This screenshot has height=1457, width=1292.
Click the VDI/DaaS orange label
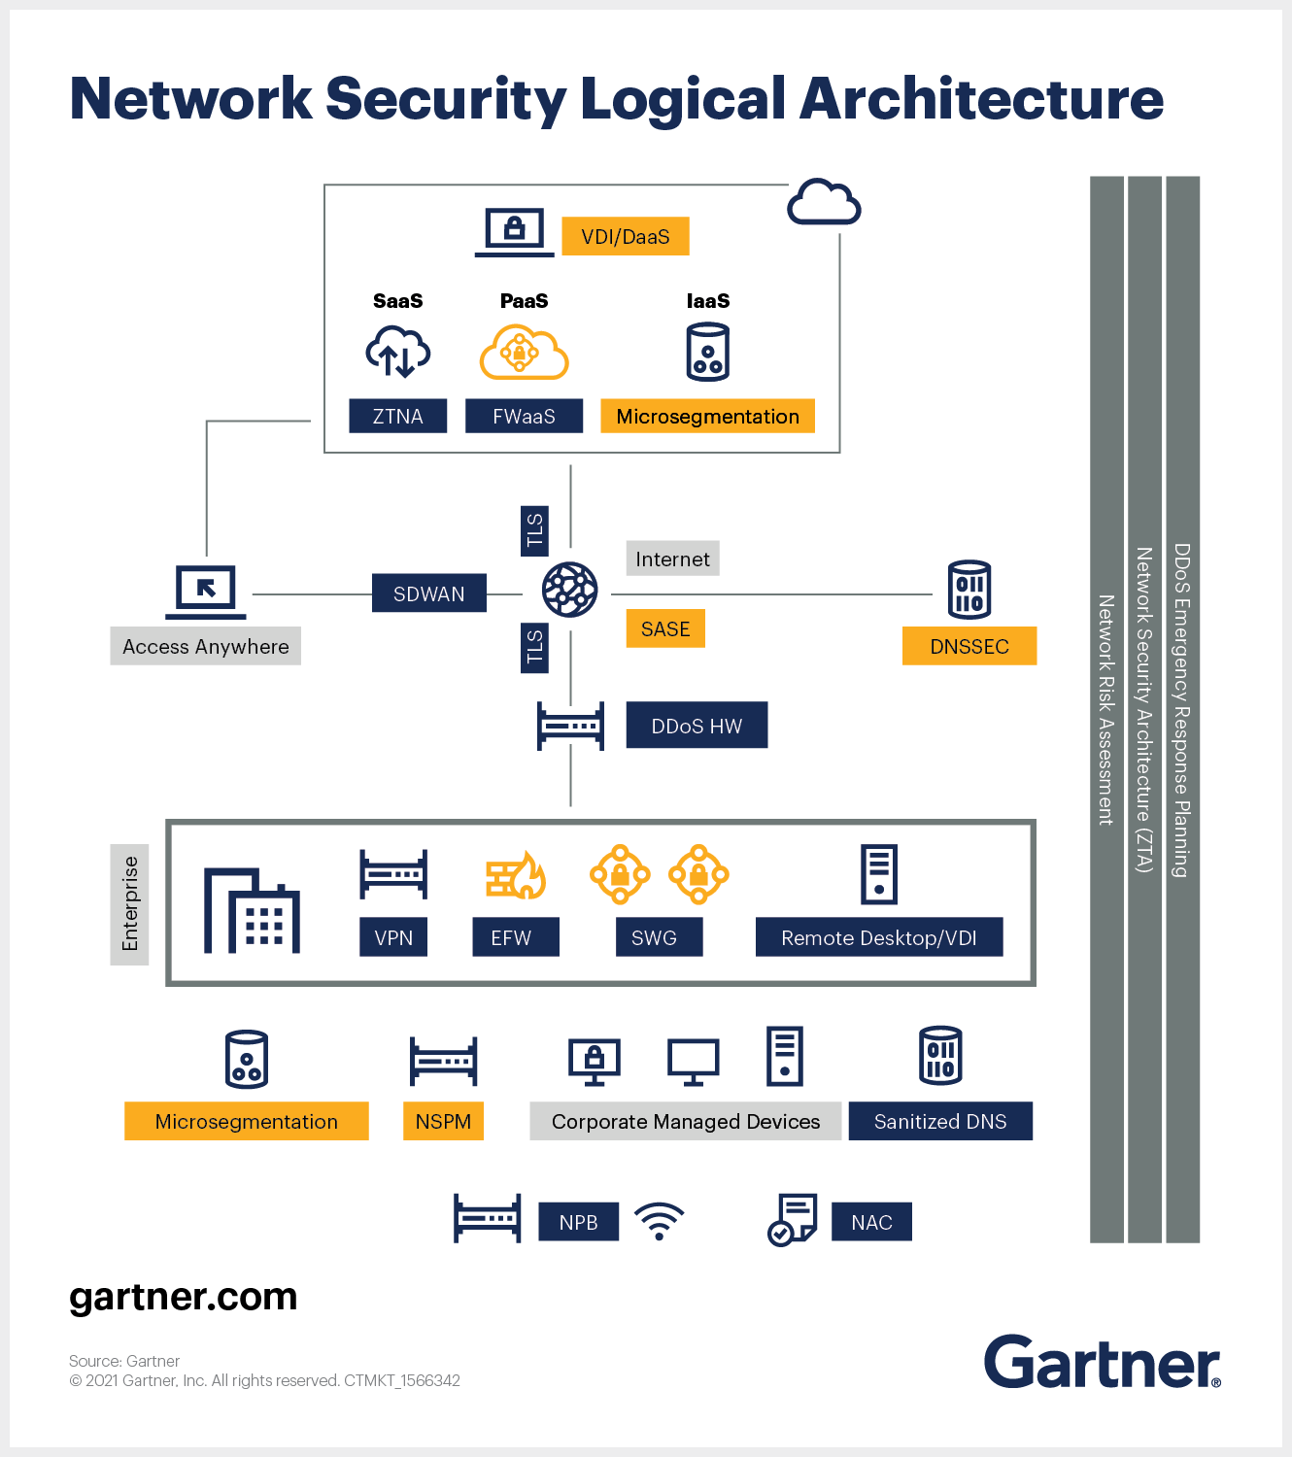626,236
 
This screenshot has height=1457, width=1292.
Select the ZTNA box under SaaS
397,416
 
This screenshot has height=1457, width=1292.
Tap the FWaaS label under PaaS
524,416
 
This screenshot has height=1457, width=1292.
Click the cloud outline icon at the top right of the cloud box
824,202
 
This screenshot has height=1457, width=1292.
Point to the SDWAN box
428,593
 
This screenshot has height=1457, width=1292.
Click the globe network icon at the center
569,590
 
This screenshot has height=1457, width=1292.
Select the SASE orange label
665,628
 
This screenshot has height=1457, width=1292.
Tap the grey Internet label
672,559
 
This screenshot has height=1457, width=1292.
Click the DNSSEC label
969,646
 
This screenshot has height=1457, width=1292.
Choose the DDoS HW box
697,726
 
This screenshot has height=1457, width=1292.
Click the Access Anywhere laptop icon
206,591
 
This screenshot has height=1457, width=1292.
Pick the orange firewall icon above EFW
516,875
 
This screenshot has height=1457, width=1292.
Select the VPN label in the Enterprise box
393,937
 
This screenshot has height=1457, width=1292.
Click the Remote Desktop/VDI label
878,937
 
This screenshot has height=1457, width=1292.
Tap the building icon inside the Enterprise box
252,911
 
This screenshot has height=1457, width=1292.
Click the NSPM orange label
443,1121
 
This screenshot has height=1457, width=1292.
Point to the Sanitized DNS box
939,1121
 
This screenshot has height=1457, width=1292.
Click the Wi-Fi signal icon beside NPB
659,1221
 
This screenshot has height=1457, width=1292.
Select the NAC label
871,1222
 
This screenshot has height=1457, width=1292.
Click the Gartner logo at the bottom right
1102,1362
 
